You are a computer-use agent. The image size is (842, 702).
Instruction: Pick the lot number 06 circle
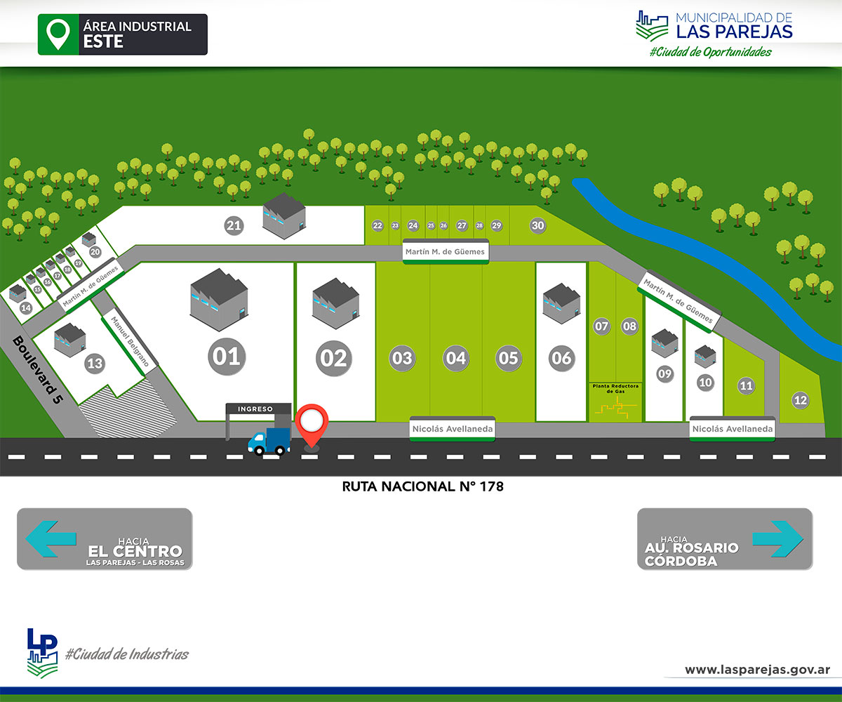coord(561,358)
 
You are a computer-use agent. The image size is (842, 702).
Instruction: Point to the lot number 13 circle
coord(95,364)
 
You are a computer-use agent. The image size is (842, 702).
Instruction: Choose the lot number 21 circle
coord(234,225)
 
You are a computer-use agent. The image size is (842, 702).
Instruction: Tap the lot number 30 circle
coord(537,225)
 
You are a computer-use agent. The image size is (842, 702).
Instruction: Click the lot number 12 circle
coord(800,401)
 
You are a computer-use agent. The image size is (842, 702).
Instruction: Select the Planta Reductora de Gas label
coord(615,388)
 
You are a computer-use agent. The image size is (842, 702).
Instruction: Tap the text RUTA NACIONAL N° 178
coord(423,486)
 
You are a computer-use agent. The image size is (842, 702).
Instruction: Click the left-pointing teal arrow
coord(51,538)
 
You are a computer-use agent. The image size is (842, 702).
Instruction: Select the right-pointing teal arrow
coord(777,538)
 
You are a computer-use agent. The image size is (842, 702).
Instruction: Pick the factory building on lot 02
coord(335,303)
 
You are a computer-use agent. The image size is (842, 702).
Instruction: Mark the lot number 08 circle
coord(629,326)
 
